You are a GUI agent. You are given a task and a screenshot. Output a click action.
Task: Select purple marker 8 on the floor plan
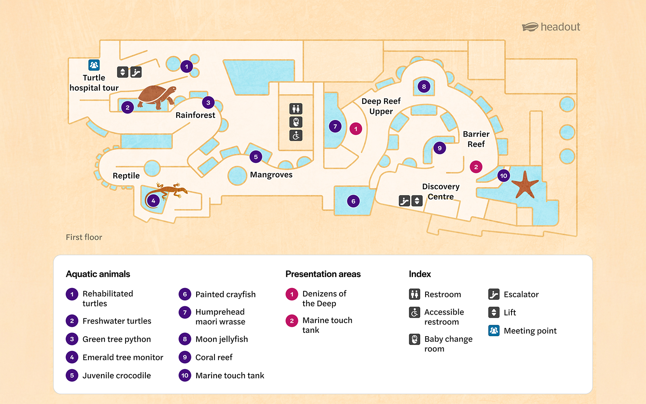[424, 86]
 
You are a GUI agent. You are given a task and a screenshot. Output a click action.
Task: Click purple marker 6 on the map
[353, 201]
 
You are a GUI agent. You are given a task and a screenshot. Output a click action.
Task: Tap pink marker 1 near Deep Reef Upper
[356, 129]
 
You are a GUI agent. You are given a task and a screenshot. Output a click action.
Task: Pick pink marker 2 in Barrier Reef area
[476, 167]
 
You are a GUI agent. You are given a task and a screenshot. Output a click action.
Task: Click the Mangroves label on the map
[271, 175]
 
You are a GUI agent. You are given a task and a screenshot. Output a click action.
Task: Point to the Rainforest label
[195, 115]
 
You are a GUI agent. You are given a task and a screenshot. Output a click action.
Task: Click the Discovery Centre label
[440, 191]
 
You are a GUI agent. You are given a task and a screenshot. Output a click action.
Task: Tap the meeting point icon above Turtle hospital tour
[94, 65]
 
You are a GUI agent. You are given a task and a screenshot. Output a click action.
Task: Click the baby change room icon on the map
[296, 122]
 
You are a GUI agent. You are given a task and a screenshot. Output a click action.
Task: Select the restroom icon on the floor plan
[296, 109]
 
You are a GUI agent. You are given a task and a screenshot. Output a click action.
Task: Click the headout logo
[551, 27]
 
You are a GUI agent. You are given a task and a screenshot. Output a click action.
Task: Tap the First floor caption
[84, 237]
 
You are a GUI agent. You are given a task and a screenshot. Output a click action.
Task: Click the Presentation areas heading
[323, 274]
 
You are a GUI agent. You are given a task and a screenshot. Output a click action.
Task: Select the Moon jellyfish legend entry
[221, 339]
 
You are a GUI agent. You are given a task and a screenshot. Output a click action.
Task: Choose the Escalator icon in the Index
[494, 294]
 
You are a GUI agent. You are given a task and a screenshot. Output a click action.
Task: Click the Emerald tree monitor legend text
[123, 357]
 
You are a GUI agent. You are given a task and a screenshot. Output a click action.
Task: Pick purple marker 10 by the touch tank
[503, 175]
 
